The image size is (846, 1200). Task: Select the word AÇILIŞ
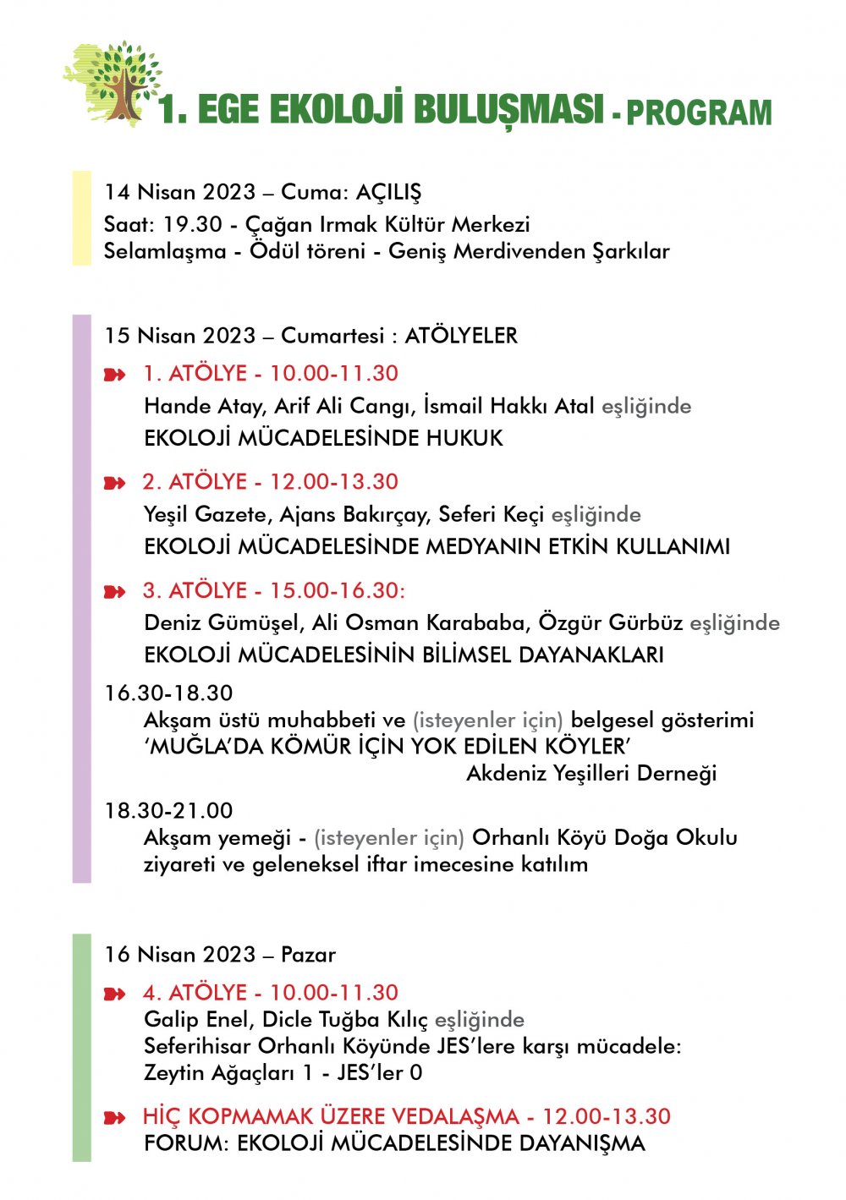tap(388, 193)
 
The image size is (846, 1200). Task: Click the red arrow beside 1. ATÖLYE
tap(114, 375)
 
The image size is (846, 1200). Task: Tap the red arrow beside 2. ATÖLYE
tap(114, 483)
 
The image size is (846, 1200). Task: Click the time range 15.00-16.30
tap(337, 590)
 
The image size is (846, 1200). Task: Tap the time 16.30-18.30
tap(168, 693)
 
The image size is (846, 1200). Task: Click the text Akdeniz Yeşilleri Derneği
tap(591, 773)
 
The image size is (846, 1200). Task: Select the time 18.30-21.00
tap(168, 810)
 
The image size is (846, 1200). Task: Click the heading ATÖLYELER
tap(461, 336)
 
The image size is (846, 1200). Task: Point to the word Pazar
tap(308, 955)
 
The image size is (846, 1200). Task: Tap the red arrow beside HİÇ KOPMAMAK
tap(114, 1118)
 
